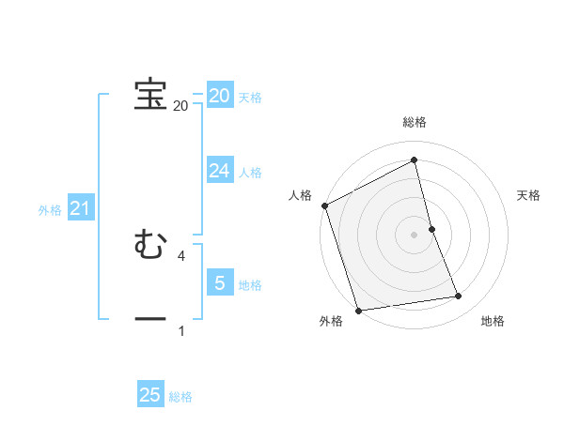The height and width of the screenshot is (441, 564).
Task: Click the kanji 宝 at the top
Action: coord(150,95)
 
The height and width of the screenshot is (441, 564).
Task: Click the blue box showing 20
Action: coord(219,96)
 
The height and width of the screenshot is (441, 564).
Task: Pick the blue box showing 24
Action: coord(219,170)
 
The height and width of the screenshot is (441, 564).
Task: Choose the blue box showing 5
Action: coord(219,282)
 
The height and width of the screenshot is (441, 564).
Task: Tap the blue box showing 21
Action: coord(80,208)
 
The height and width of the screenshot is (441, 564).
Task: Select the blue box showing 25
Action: coord(150,395)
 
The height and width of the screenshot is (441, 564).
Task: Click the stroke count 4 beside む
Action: coord(180,255)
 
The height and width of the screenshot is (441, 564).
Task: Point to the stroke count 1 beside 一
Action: coord(181,330)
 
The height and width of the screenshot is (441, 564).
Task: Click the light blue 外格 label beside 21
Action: coord(50,210)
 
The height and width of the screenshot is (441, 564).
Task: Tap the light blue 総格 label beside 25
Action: coord(180,397)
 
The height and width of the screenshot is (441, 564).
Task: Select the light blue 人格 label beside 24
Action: coord(250,173)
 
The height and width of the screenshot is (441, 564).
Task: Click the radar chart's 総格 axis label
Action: coord(415,123)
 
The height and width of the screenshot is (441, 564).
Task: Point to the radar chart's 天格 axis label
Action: coord(528,195)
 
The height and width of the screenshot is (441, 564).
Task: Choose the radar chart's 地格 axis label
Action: coord(493,322)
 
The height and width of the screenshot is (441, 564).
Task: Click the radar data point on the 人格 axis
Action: coord(324,205)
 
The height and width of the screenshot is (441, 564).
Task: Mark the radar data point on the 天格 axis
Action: coord(431,229)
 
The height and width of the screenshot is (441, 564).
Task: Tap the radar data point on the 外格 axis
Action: coord(358,310)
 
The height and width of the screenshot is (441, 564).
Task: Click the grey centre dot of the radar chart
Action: coord(415,235)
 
